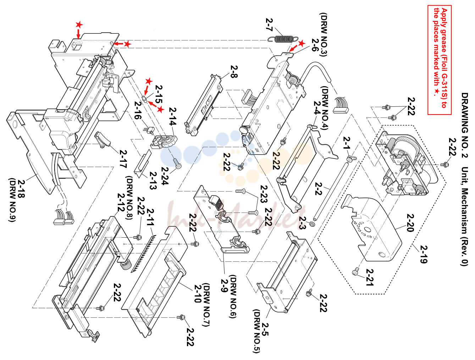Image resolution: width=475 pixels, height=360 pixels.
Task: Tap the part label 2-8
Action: pyautogui.click(x=234, y=72)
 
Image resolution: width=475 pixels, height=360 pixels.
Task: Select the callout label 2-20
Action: pyautogui.click(x=410, y=223)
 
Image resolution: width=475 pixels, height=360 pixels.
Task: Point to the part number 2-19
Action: pyautogui.click(x=424, y=254)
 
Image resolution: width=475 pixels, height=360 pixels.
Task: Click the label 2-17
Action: pyautogui.click(x=123, y=159)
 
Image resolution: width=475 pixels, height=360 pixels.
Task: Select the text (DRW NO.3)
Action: pyautogui.click(x=323, y=35)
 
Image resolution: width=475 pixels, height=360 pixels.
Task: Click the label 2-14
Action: pyautogui.click(x=172, y=116)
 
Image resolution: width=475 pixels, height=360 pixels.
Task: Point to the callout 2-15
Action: pyautogui.click(x=159, y=94)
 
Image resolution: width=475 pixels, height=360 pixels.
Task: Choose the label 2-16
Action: pyautogui.click(x=138, y=110)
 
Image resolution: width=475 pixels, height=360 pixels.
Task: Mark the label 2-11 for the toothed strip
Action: pyautogui.click(x=150, y=217)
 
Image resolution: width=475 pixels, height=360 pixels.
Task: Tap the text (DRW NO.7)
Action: pyautogui.click(x=206, y=305)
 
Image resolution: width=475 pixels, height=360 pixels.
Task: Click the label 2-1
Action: pyautogui.click(x=347, y=143)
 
